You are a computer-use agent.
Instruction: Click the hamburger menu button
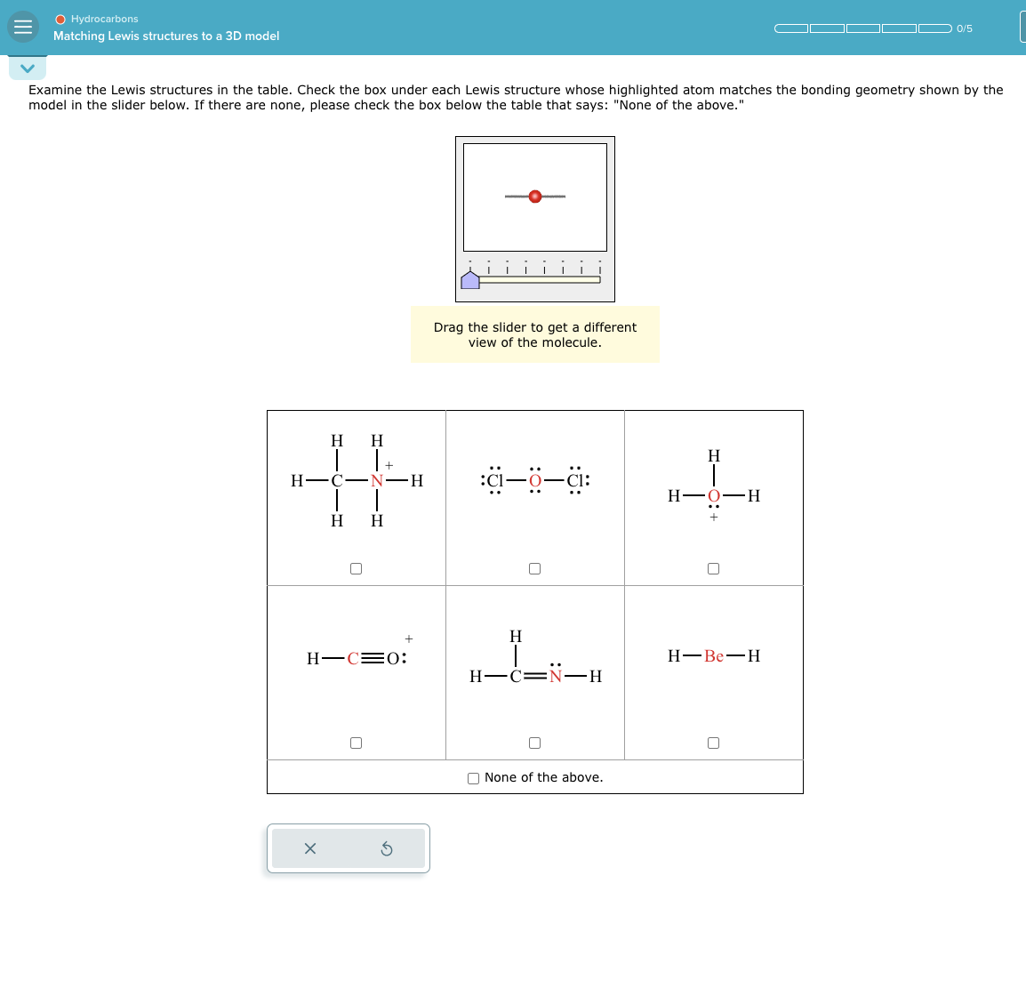click(x=23, y=27)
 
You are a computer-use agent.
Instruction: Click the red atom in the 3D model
click(x=535, y=197)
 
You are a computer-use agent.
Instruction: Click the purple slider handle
click(x=470, y=280)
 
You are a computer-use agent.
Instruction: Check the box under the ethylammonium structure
click(x=357, y=568)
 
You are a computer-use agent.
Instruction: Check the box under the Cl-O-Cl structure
click(x=535, y=568)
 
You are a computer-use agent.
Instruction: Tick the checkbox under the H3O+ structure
click(x=714, y=568)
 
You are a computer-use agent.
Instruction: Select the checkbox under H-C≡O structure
click(x=357, y=743)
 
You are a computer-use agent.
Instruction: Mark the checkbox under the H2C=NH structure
click(x=535, y=743)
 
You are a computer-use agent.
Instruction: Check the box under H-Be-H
click(x=714, y=743)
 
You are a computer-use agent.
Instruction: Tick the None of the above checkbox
click(x=474, y=778)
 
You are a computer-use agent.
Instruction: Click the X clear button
click(x=310, y=848)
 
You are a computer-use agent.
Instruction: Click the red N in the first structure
click(x=377, y=481)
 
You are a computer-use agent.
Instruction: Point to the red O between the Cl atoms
click(x=535, y=481)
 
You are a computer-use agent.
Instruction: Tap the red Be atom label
click(x=714, y=656)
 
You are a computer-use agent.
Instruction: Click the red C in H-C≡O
click(x=353, y=659)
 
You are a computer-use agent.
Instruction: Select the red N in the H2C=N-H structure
click(x=556, y=677)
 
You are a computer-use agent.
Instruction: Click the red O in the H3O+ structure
click(x=714, y=496)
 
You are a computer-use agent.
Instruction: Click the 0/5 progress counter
click(x=965, y=28)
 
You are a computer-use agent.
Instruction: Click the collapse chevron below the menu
click(x=28, y=68)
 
